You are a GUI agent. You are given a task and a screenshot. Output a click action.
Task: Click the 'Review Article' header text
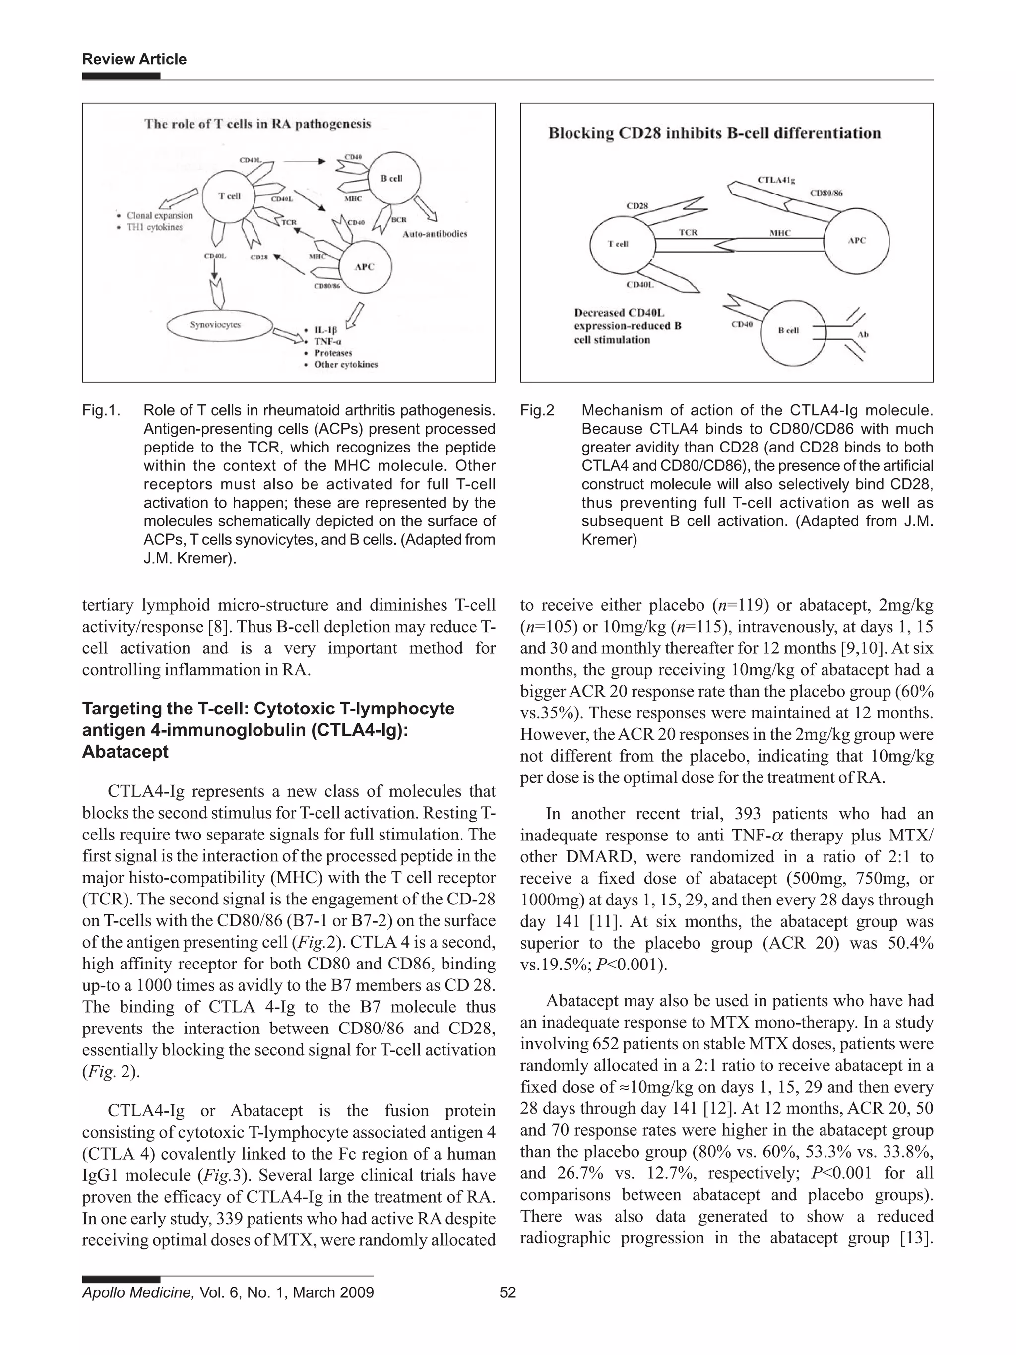[134, 59]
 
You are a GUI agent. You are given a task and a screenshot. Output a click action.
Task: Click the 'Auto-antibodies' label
[434, 233]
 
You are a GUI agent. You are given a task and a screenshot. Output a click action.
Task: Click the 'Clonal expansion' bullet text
[159, 216]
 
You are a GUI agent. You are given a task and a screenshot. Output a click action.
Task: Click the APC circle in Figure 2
[856, 241]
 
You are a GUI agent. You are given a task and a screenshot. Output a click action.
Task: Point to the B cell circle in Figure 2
[789, 331]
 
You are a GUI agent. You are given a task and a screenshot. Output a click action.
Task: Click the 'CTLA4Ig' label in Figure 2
[776, 180]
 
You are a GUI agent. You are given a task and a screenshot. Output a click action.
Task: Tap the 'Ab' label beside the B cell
[863, 334]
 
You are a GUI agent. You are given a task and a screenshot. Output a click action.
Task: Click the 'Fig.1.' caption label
[100, 410]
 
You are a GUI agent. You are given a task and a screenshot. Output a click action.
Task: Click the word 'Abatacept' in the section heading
[125, 752]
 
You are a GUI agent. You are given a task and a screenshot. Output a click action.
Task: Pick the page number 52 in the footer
[508, 1292]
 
